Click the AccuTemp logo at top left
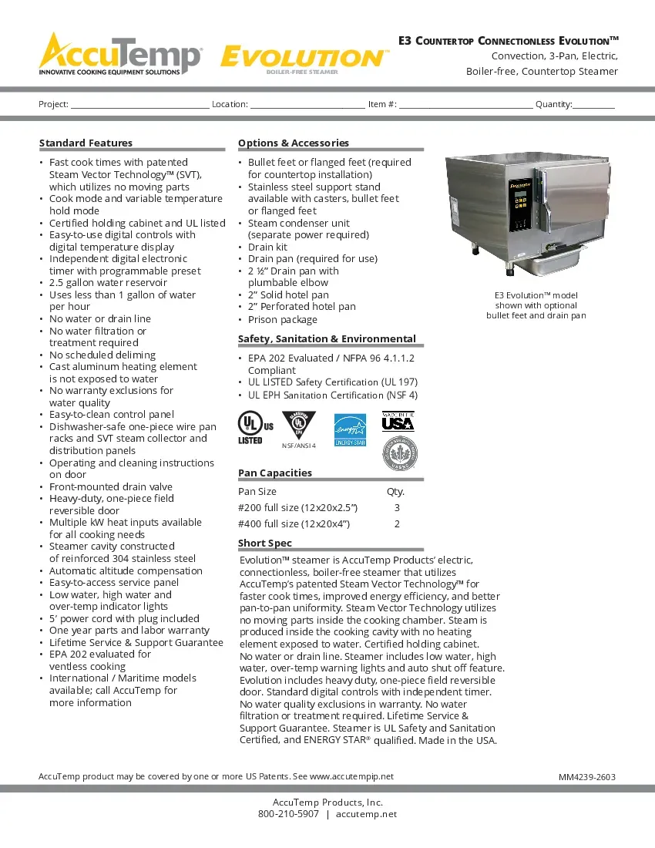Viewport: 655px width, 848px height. [x=120, y=54]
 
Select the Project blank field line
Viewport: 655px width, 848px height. [x=139, y=106]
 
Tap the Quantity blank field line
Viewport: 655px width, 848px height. [x=593, y=106]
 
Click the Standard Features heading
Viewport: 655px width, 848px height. [x=86, y=143]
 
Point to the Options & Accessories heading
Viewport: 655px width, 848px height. [x=293, y=143]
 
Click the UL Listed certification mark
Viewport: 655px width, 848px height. [x=254, y=427]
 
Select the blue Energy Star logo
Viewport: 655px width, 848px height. [x=349, y=430]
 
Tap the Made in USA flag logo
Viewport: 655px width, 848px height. [x=398, y=422]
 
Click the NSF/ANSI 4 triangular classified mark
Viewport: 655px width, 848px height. [x=299, y=426]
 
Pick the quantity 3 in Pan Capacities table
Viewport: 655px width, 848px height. [x=396, y=508]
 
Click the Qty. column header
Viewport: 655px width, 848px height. [x=395, y=492]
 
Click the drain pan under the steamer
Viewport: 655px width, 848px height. [x=548, y=263]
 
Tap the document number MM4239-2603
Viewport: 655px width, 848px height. [x=586, y=777]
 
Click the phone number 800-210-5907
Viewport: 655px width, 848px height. [x=287, y=814]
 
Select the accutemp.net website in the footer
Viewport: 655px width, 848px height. [x=366, y=814]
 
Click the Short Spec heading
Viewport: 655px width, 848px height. [x=264, y=543]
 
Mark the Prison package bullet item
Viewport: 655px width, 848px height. [x=282, y=319]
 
